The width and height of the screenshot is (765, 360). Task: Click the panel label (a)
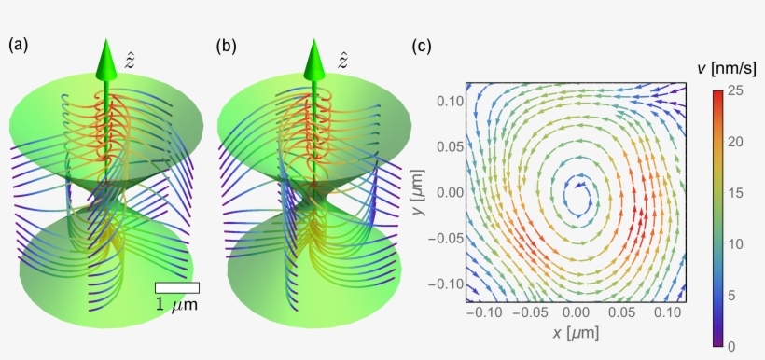click(x=19, y=44)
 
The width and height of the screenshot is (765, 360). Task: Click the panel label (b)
click(x=227, y=44)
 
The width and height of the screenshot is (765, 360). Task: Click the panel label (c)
click(x=422, y=44)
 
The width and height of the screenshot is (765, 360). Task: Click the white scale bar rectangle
click(x=176, y=288)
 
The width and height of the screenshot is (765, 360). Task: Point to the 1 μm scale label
click(x=176, y=305)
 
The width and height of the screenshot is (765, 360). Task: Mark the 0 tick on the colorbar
click(x=732, y=345)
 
